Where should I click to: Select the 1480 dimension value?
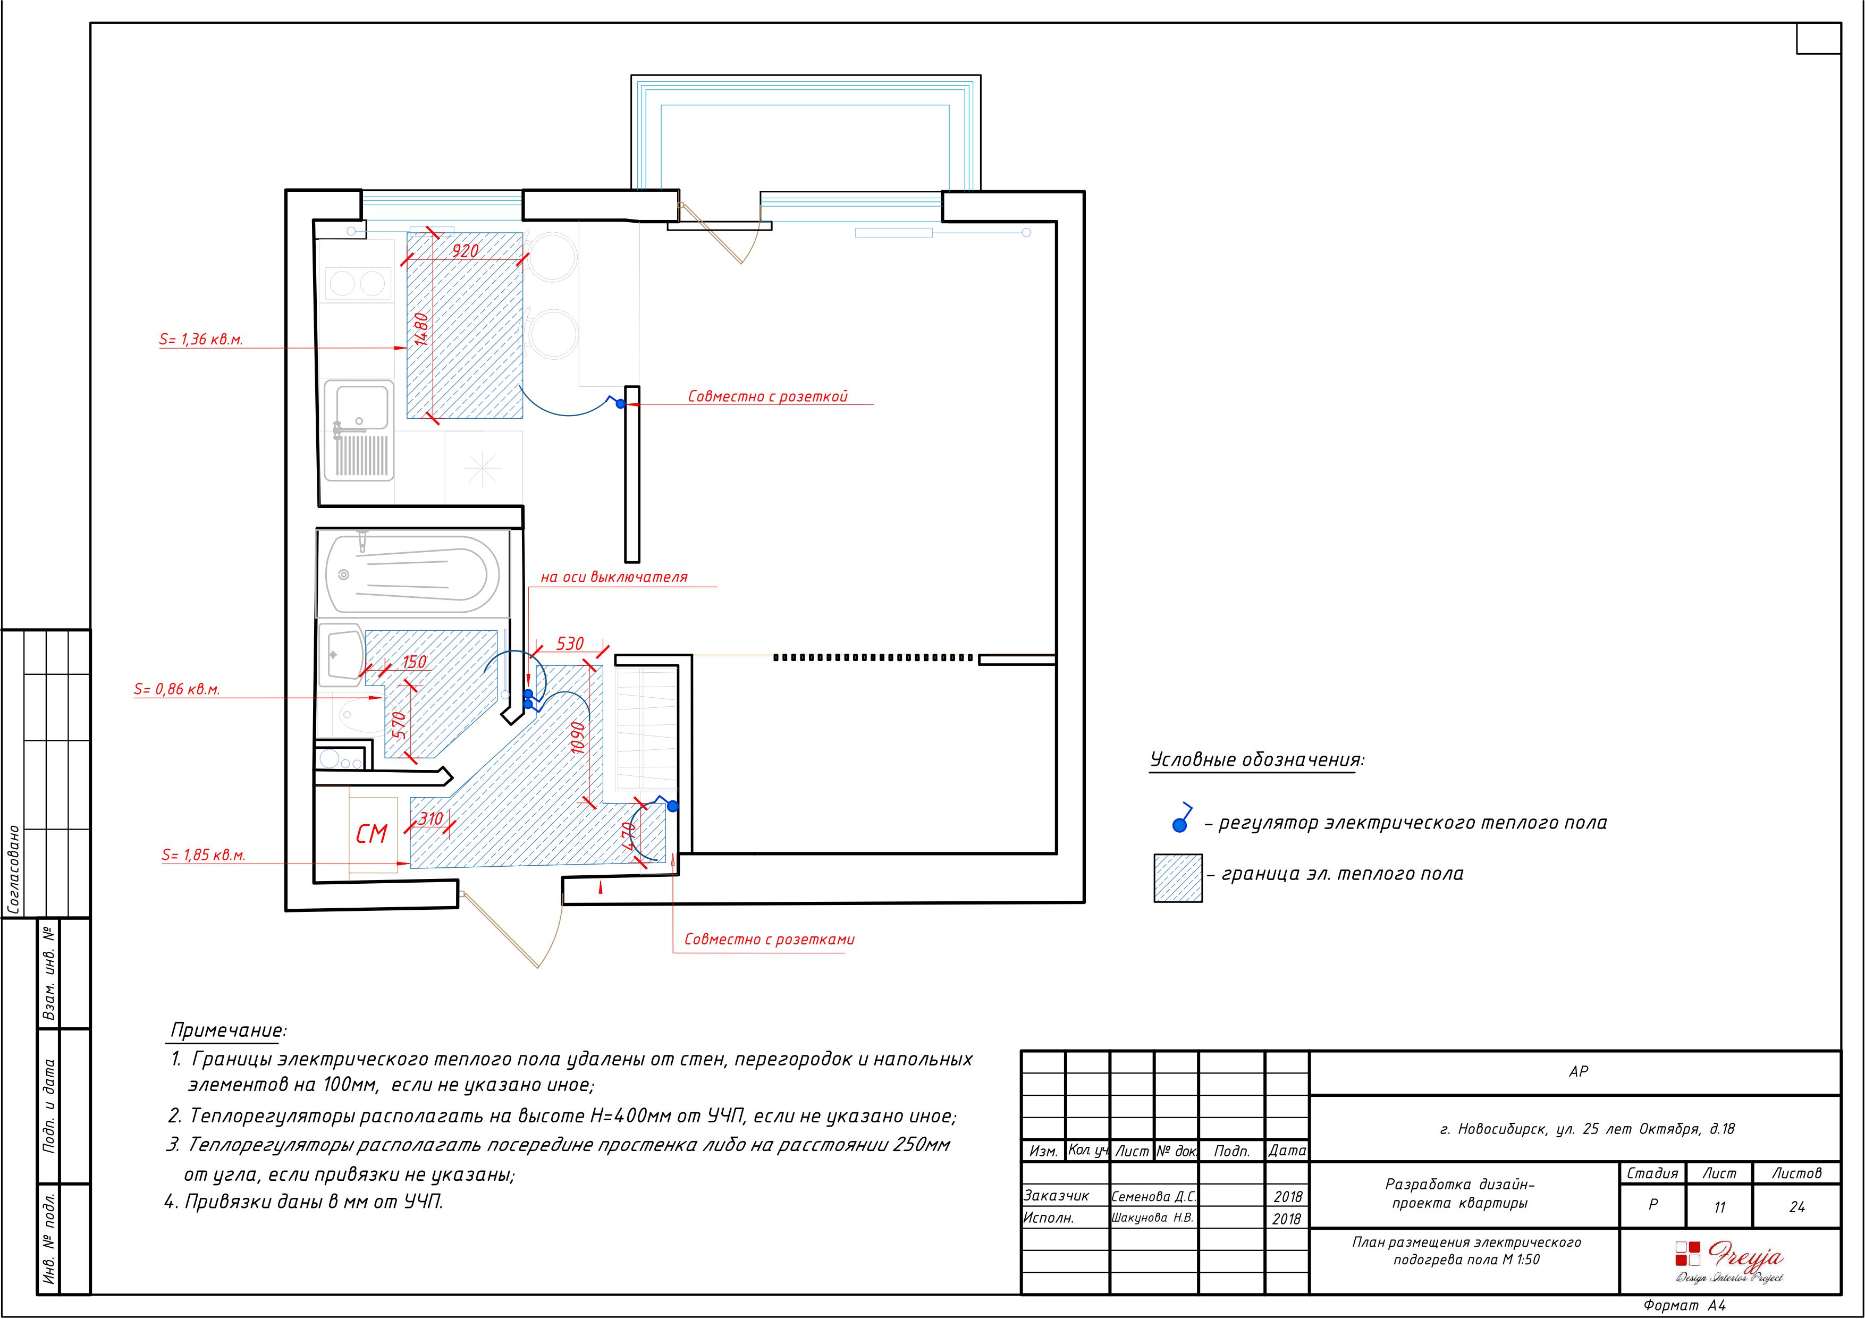[421, 329]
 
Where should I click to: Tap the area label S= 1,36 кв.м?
[200, 340]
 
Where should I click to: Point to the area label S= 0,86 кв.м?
[177, 690]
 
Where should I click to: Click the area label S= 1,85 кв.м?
[203, 855]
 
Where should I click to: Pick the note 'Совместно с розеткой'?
[767, 396]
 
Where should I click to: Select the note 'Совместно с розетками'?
[769, 940]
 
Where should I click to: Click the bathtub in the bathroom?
[412, 573]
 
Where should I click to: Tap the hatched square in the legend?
[1178, 878]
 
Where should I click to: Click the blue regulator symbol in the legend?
[1182, 819]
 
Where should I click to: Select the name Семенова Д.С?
[1153, 1196]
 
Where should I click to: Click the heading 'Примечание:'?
[228, 1030]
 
